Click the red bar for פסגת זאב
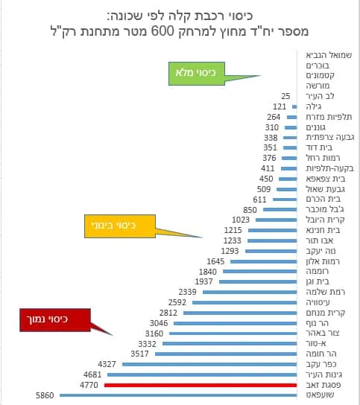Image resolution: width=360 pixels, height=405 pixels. [x=200, y=385]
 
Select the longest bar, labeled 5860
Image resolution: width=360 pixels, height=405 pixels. [x=178, y=395]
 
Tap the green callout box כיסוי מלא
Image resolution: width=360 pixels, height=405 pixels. [x=197, y=74]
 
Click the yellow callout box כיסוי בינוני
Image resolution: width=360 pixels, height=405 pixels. [x=120, y=226]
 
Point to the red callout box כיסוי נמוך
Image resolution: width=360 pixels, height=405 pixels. [x=55, y=320]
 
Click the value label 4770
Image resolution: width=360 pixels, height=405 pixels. [x=89, y=385]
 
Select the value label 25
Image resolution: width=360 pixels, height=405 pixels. [x=285, y=96]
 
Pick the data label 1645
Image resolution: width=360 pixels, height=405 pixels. [x=215, y=261]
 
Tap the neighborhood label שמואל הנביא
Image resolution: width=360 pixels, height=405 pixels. [x=329, y=55]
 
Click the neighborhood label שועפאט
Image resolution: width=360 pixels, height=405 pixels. [x=320, y=395]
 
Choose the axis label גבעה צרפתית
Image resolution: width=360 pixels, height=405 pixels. [x=330, y=138]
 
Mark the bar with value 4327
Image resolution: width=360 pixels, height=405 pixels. [x=209, y=364]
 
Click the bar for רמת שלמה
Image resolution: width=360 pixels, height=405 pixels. [x=250, y=292]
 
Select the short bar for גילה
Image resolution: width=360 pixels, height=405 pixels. [x=294, y=106]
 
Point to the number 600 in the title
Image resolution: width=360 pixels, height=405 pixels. [x=162, y=31]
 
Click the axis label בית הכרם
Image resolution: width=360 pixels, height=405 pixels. [x=323, y=199]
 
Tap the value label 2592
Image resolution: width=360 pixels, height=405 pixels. [x=177, y=302]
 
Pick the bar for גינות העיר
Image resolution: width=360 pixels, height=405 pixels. [x=202, y=374]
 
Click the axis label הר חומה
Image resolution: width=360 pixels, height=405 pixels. [x=321, y=354]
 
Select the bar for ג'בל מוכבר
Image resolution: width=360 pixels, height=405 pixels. [x=280, y=209]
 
